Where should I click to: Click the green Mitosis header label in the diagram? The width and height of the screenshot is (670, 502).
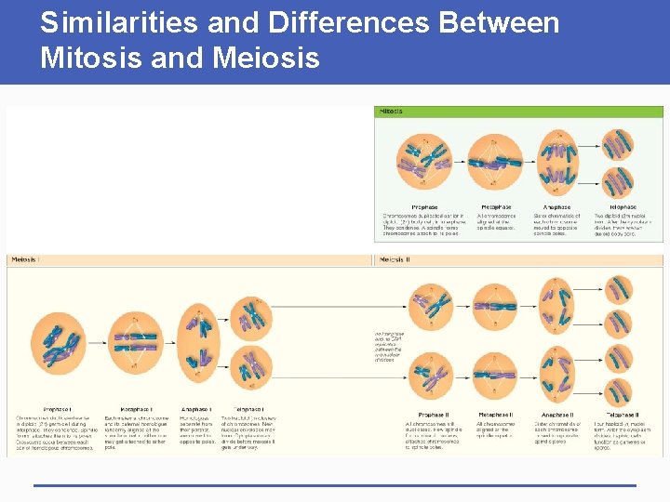coord(392,112)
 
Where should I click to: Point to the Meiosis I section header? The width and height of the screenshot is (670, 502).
coord(26,259)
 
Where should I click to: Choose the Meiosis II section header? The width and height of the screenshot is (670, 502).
coord(395,259)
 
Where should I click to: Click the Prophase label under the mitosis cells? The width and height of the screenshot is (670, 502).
coord(424,206)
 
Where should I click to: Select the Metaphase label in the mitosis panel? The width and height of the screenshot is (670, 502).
coord(496,206)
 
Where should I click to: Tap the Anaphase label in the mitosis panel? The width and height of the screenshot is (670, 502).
coord(556,206)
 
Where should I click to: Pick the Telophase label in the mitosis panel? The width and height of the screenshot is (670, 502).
coord(623,206)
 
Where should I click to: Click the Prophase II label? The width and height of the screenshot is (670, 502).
coord(433,414)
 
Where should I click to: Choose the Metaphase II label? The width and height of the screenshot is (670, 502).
coord(495,414)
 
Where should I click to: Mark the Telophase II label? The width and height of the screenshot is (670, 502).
coord(623,414)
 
